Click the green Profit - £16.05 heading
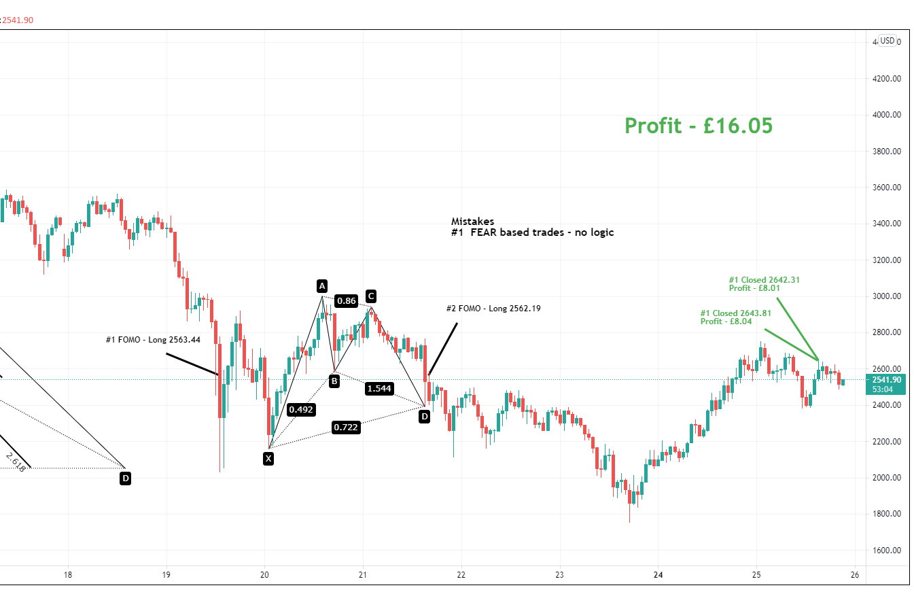pos(699,126)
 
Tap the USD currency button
pos(887,41)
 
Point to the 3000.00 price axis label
pos(887,296)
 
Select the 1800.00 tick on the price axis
pos(887,514)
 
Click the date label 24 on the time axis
pos(658,575)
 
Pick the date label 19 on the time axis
pos(166,575)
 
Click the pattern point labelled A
pos(322,285)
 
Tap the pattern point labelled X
pos(268,459)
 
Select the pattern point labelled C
pos(370,296)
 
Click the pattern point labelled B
pos(334,381)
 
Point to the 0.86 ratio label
pos(346,301)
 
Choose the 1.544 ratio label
pos(378,388)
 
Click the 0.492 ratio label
pos(300,410)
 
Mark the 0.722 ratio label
pos(346,427)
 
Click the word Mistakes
pos(472,222)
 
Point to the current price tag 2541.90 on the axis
pos(885,379)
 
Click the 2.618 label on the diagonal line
pos(15,462)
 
